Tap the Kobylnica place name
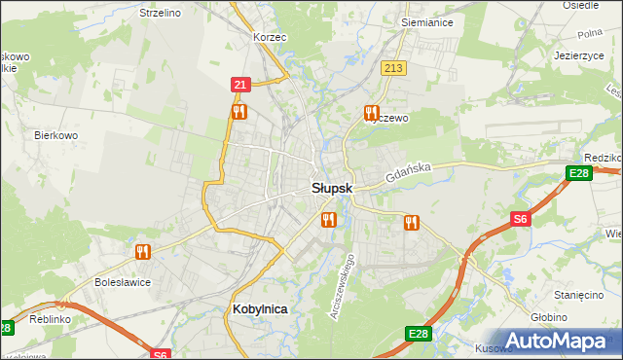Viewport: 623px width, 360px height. (261, 308)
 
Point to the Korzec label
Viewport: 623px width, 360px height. (270, 36)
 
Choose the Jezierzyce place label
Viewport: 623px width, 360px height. (580, 55)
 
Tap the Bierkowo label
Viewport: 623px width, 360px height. (55, 135)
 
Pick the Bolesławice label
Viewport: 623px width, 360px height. (122, 282)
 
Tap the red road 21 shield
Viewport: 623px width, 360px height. (240, 86)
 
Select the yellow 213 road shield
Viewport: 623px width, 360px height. (393, 68)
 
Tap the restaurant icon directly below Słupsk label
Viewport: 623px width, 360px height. (327, 220)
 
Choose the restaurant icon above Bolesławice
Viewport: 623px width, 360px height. (143, 252)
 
